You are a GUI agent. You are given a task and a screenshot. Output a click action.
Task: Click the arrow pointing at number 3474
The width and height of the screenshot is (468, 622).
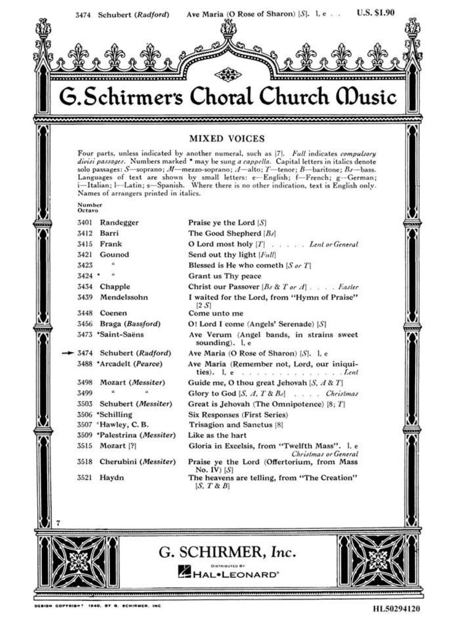click(68, 353)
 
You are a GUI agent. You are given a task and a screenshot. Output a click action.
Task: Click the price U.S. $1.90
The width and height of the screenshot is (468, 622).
click(376, 13)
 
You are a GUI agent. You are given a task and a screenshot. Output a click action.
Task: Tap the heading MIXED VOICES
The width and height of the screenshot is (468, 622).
click(227, 139)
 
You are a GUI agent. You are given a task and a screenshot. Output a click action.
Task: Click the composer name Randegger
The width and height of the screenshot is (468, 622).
click(119, 222)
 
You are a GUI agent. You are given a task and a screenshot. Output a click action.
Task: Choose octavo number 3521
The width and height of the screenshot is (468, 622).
click(84, 477)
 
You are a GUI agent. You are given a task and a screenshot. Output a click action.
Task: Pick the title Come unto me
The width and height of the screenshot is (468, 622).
click(216, 313)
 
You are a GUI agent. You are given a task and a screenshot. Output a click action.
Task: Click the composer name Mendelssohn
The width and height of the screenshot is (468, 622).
click(123, 297)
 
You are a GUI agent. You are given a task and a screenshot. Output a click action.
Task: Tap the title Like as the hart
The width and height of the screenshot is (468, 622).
click(217, 435)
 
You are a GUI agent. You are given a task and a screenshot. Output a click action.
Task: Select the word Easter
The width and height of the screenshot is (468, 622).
click(349, 287)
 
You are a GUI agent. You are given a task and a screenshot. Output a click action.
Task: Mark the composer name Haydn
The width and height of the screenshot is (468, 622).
click(111, 477)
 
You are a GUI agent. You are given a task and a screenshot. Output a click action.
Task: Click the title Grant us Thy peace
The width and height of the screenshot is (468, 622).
click(225, 276)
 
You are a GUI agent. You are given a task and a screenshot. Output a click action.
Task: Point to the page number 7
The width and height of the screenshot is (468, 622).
click(58, 523)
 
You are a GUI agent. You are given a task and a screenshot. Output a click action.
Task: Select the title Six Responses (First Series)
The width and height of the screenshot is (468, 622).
click(238, 414)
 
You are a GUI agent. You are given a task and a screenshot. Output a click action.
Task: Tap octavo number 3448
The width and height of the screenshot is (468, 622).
click(84, 313)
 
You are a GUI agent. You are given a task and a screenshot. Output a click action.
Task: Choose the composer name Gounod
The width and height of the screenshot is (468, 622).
click(114, 254)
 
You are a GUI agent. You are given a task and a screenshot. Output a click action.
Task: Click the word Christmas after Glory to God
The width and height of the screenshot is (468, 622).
click(342, 394)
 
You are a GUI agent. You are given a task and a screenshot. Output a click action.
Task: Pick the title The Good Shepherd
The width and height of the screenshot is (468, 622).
click(225, 233)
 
